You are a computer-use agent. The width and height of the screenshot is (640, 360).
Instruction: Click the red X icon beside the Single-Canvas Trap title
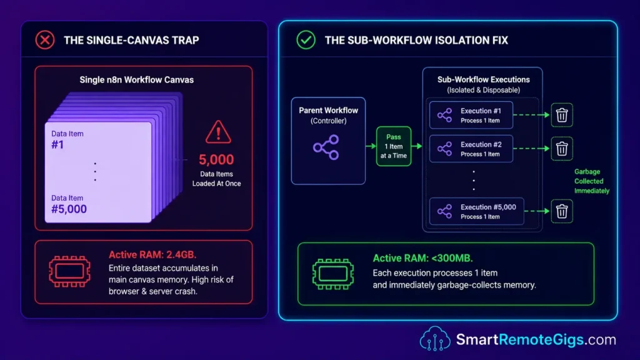(45, 40)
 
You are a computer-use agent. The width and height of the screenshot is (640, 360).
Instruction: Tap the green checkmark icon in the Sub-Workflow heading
(306, 40)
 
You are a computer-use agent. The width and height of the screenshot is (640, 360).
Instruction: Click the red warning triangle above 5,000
(218, 132)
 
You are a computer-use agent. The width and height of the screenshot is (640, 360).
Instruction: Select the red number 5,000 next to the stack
(216, 159)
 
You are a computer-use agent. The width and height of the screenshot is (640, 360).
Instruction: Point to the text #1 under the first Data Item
(57, 144)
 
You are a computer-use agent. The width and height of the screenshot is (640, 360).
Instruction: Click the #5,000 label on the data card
(69, 209)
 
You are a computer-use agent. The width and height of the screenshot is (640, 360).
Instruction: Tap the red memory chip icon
(70, 271)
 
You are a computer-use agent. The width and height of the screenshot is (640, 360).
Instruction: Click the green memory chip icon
(333, 274)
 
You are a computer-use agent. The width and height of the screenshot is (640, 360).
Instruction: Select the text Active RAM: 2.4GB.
(152, 255)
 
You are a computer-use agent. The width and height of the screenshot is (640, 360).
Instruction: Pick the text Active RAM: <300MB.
(423, 258)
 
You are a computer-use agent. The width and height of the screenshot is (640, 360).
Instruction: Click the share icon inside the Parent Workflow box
(326, 147)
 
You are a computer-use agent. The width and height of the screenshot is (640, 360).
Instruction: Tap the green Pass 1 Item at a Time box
(394, 146)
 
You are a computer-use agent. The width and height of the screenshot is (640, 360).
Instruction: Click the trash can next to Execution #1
(562, 115)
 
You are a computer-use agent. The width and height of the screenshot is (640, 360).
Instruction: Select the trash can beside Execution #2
(562, 149)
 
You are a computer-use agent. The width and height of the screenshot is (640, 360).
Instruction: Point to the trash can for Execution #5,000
(562, 211)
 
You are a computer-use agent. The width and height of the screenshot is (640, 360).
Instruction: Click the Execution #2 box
(471, 149)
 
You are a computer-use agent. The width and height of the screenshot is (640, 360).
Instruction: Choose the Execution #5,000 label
(488, 207)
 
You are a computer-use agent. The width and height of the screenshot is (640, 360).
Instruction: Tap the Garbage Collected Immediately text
(591, 181)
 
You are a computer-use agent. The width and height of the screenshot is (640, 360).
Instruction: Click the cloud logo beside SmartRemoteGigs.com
(435, 338)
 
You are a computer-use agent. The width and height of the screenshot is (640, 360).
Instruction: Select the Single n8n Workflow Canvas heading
(137, 79)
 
